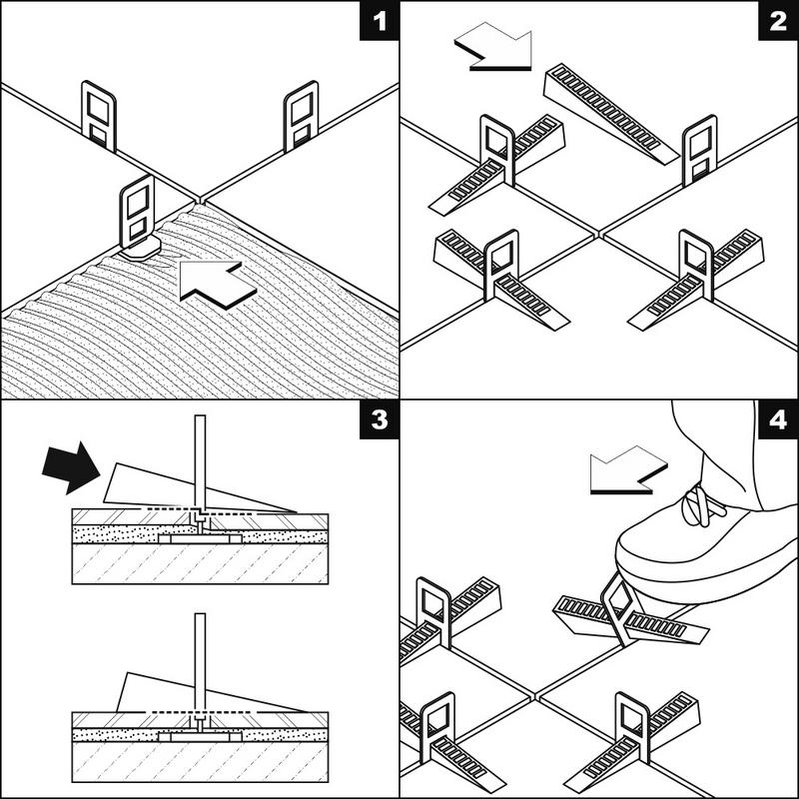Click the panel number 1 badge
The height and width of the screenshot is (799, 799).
point(380,21)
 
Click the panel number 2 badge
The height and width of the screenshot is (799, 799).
point(778,21)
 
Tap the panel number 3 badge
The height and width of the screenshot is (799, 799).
point(380,420)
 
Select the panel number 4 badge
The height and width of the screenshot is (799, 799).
point(778,420)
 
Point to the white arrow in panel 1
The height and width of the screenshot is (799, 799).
point(217,285)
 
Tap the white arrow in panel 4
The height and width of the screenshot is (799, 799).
point(628,470)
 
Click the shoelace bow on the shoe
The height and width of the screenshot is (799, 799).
point(701,506)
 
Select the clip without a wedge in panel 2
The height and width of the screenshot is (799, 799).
point(700,151)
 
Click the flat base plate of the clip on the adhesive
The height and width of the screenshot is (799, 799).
point(141,249)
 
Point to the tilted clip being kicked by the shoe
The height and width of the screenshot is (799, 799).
point(621,609)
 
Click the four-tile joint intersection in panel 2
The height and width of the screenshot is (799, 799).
point(598,234)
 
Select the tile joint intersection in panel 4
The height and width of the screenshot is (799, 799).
point(533,695)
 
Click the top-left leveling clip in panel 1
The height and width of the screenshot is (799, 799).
point(99,116)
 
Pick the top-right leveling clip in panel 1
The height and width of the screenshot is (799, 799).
point(302,116)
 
